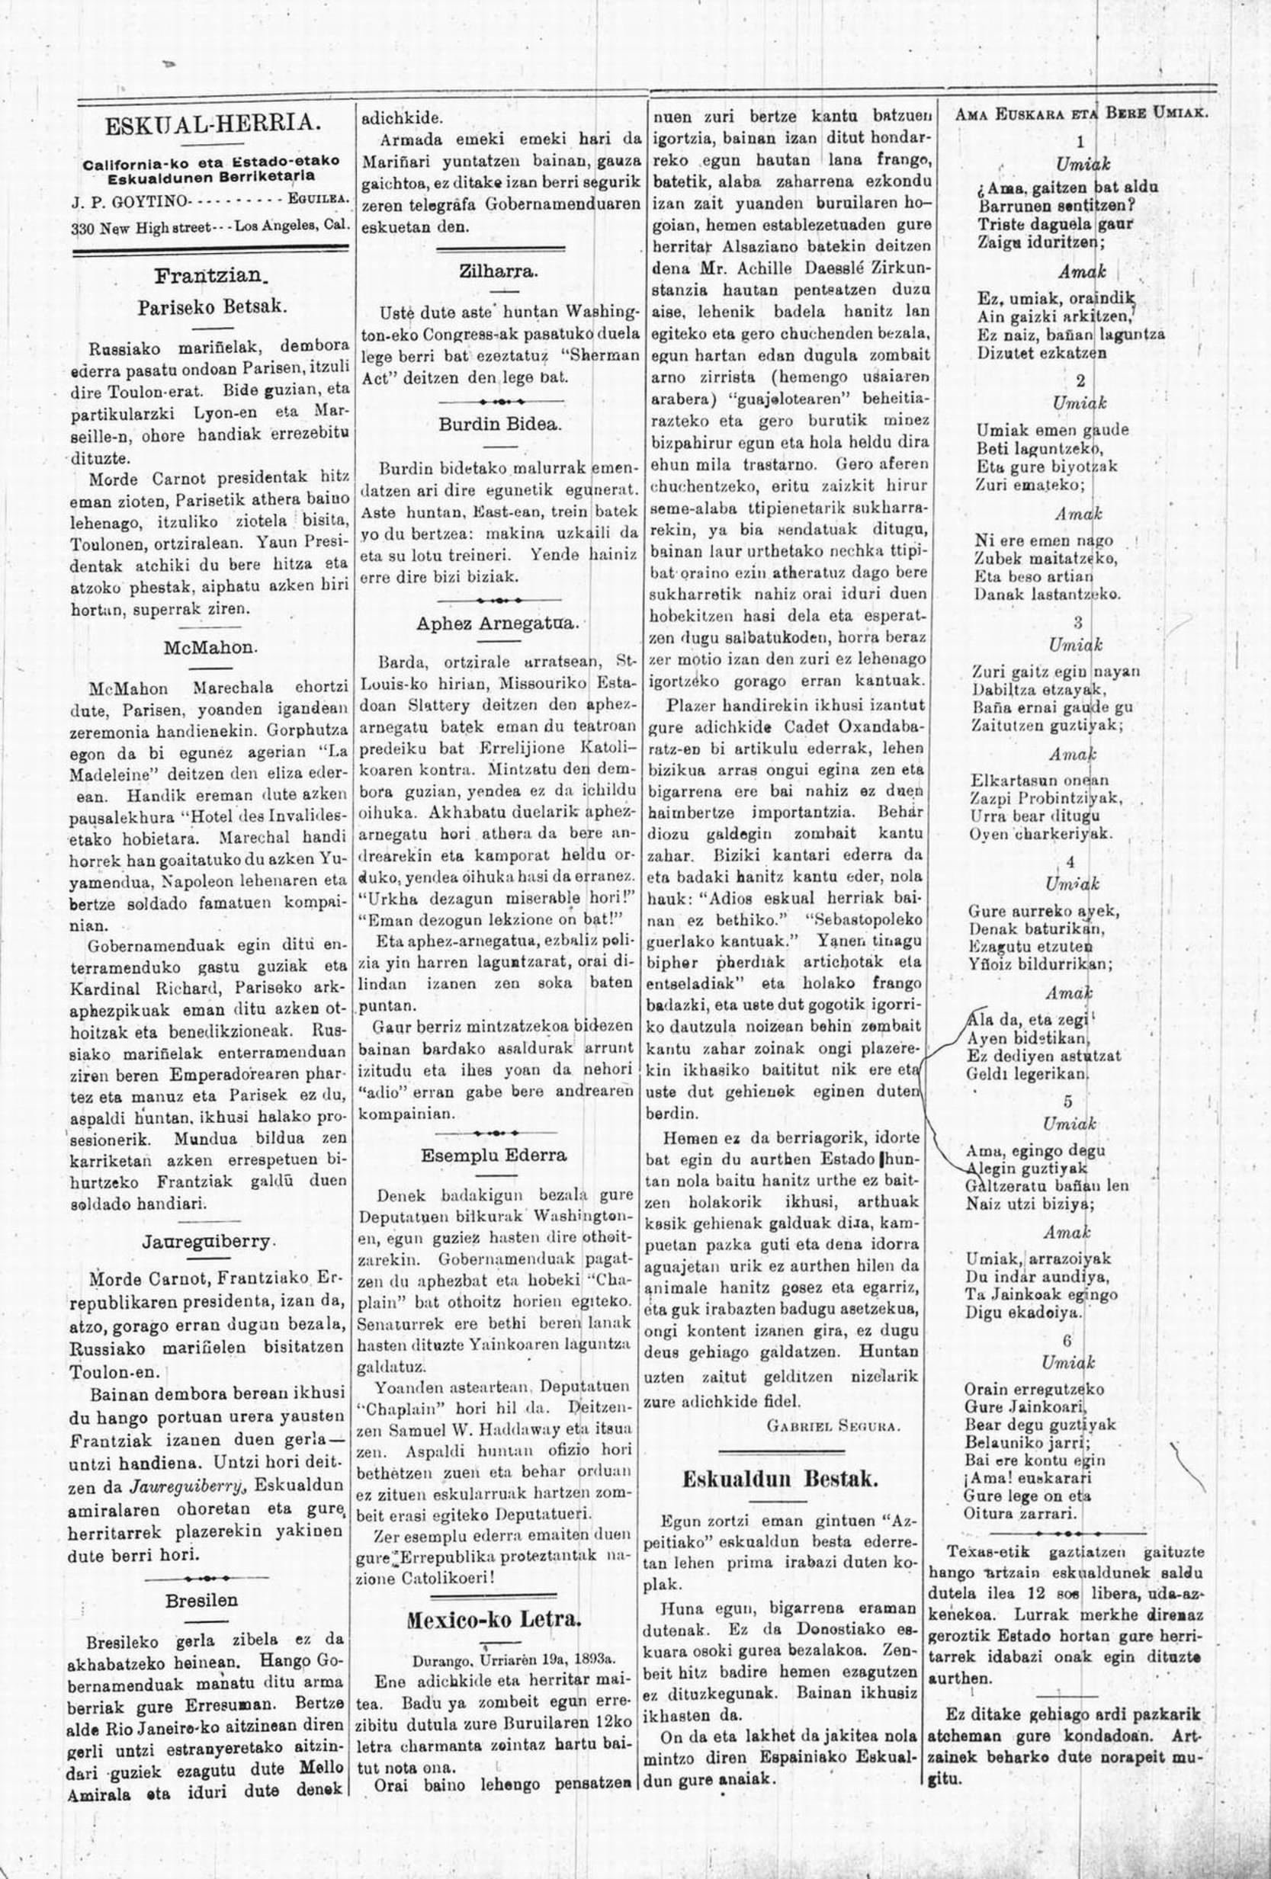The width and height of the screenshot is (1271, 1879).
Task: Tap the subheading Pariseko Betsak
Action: (x=212, y=307)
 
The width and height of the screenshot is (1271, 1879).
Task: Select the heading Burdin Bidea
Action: (x=499, y=423)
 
